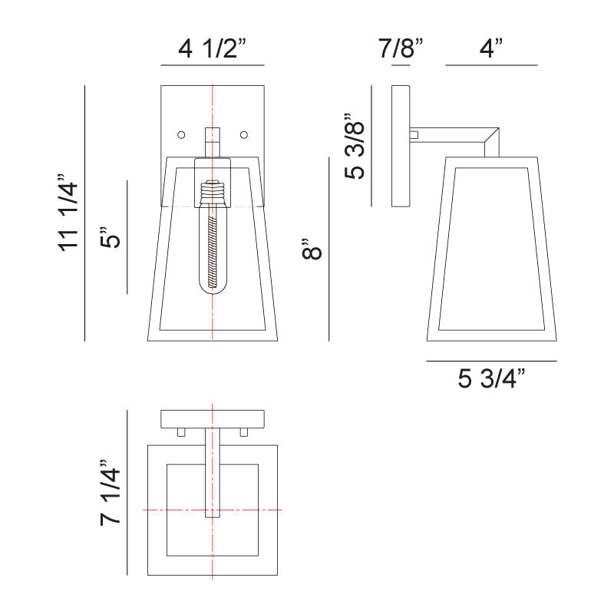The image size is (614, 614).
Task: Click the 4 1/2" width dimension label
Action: pyautogui.click(x=212, y=48)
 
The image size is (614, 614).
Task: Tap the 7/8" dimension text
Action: pyautogui.click(x=400, y=48)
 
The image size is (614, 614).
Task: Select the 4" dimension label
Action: pyautogui.click(x=491, y=48)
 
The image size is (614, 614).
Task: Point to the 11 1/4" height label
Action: pyautogui.click(x=68, y=213)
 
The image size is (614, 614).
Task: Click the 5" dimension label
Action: pyautogui.click(x=110, y=236)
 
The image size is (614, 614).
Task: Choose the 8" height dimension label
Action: pyautogui.click(x=312, y=248)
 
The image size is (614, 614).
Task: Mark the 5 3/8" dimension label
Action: pyautogui.click(x=355, y=146)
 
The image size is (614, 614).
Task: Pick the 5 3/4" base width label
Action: pyautogui.click(x=491, y=378)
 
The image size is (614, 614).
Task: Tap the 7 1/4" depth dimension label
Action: pyautogui.click(x=110, y=493)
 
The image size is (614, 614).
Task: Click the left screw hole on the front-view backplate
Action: pyautogui.click(x=181, y=135)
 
